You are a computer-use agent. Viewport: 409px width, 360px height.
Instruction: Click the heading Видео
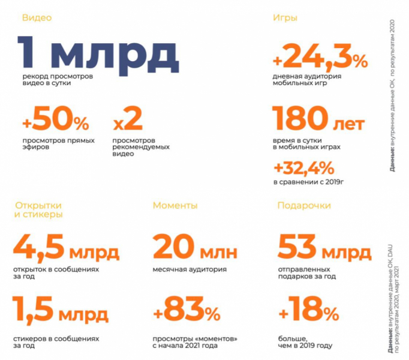[x=37, y=18]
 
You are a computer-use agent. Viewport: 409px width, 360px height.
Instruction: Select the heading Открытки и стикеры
[x=40, y=210]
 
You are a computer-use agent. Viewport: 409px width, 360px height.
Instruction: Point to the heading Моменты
[x=175, y=206]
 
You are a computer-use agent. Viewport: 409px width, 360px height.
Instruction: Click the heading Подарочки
[x=303, y=206]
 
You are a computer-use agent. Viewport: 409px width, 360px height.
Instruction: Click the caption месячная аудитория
[x=190, y=269]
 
